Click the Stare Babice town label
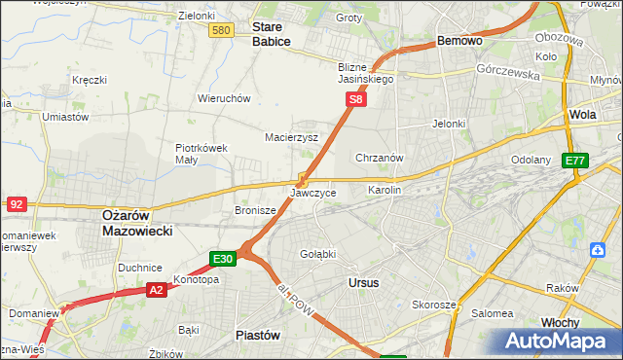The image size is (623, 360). (x=272, y=35)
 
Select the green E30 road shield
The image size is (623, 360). (x=222, y=259)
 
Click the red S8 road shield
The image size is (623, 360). (x=356, y=99)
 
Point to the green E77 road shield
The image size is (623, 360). (x=575, y=161)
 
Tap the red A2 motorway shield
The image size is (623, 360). (x=157, y=289)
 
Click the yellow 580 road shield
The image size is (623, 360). (x=221, y=31)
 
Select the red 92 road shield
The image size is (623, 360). (x=16, y=204)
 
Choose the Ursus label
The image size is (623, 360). (x=363, y=282)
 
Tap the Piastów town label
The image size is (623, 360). (x=258, y=335)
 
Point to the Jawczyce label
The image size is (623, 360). (x=313, y=194)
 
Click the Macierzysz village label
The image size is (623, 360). (x=292, y=138)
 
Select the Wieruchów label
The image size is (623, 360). (x=225, y=98)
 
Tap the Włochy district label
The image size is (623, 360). (x=560, y=322)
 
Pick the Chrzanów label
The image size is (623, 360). (x=380, y=158)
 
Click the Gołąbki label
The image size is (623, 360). (x=317, y=254)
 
